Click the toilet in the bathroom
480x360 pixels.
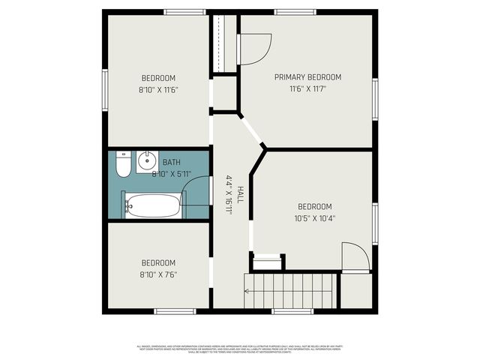(x=124, y=163)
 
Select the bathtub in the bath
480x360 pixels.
(x=153, y=205)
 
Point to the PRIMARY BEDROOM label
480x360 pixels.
(x=307, y=77)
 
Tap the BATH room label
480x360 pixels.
(x=172, y=162)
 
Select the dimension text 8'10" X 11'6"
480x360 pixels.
(x=158, y=90)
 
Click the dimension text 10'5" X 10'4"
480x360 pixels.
(x=314, y=219)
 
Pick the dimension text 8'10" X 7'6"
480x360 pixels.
(x=158, y=274)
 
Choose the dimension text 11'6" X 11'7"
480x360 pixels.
(x=307, y=89)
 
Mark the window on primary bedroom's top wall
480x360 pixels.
(x=295, y=12)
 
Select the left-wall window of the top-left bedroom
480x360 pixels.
(x=105, y=90)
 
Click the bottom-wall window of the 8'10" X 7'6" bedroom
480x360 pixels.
(x=175, y=311)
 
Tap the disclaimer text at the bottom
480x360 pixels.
(x=239, y=349)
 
